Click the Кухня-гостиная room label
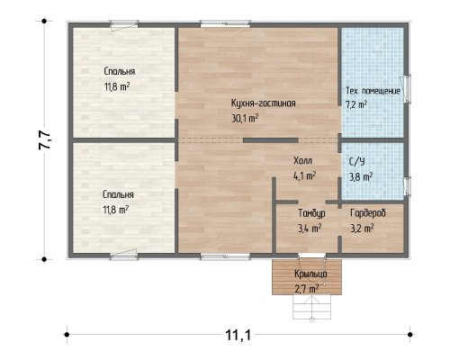point(263,103)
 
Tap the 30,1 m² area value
point(245,118)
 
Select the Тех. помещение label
point(373,91)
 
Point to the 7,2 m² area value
point(356,104)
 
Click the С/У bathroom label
point(357,162)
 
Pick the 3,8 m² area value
point(361,176)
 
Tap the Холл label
point(302,160)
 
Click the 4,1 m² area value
point(304,175)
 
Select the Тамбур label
point(311,213)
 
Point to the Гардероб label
point(368,213)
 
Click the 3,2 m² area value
point(362,229)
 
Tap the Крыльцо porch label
point(310,274)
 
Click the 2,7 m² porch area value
point(306,289)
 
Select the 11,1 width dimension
point(238,335)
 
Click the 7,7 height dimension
point(44,140)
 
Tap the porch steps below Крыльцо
point(311,307)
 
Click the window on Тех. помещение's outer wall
point(407,89)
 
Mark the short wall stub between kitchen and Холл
point(271,140)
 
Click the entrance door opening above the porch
point(312,256)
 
